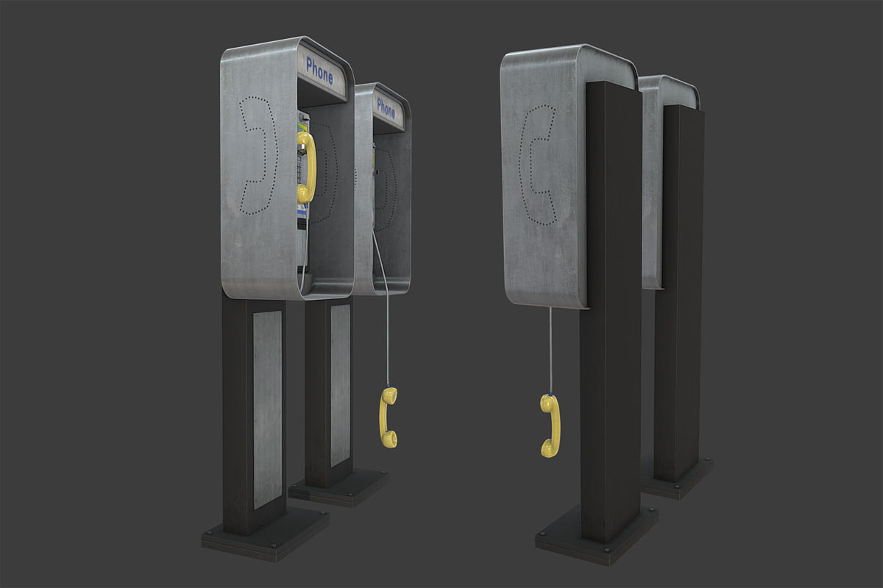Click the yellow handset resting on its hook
[x=306, y=168]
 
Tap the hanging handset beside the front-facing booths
[x=389, y=417]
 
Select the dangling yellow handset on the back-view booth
[x=550, y=426]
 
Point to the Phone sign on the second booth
[x=386, y=108]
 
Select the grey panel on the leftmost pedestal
[x=267, y=408]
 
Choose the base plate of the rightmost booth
[x=677, y=481]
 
